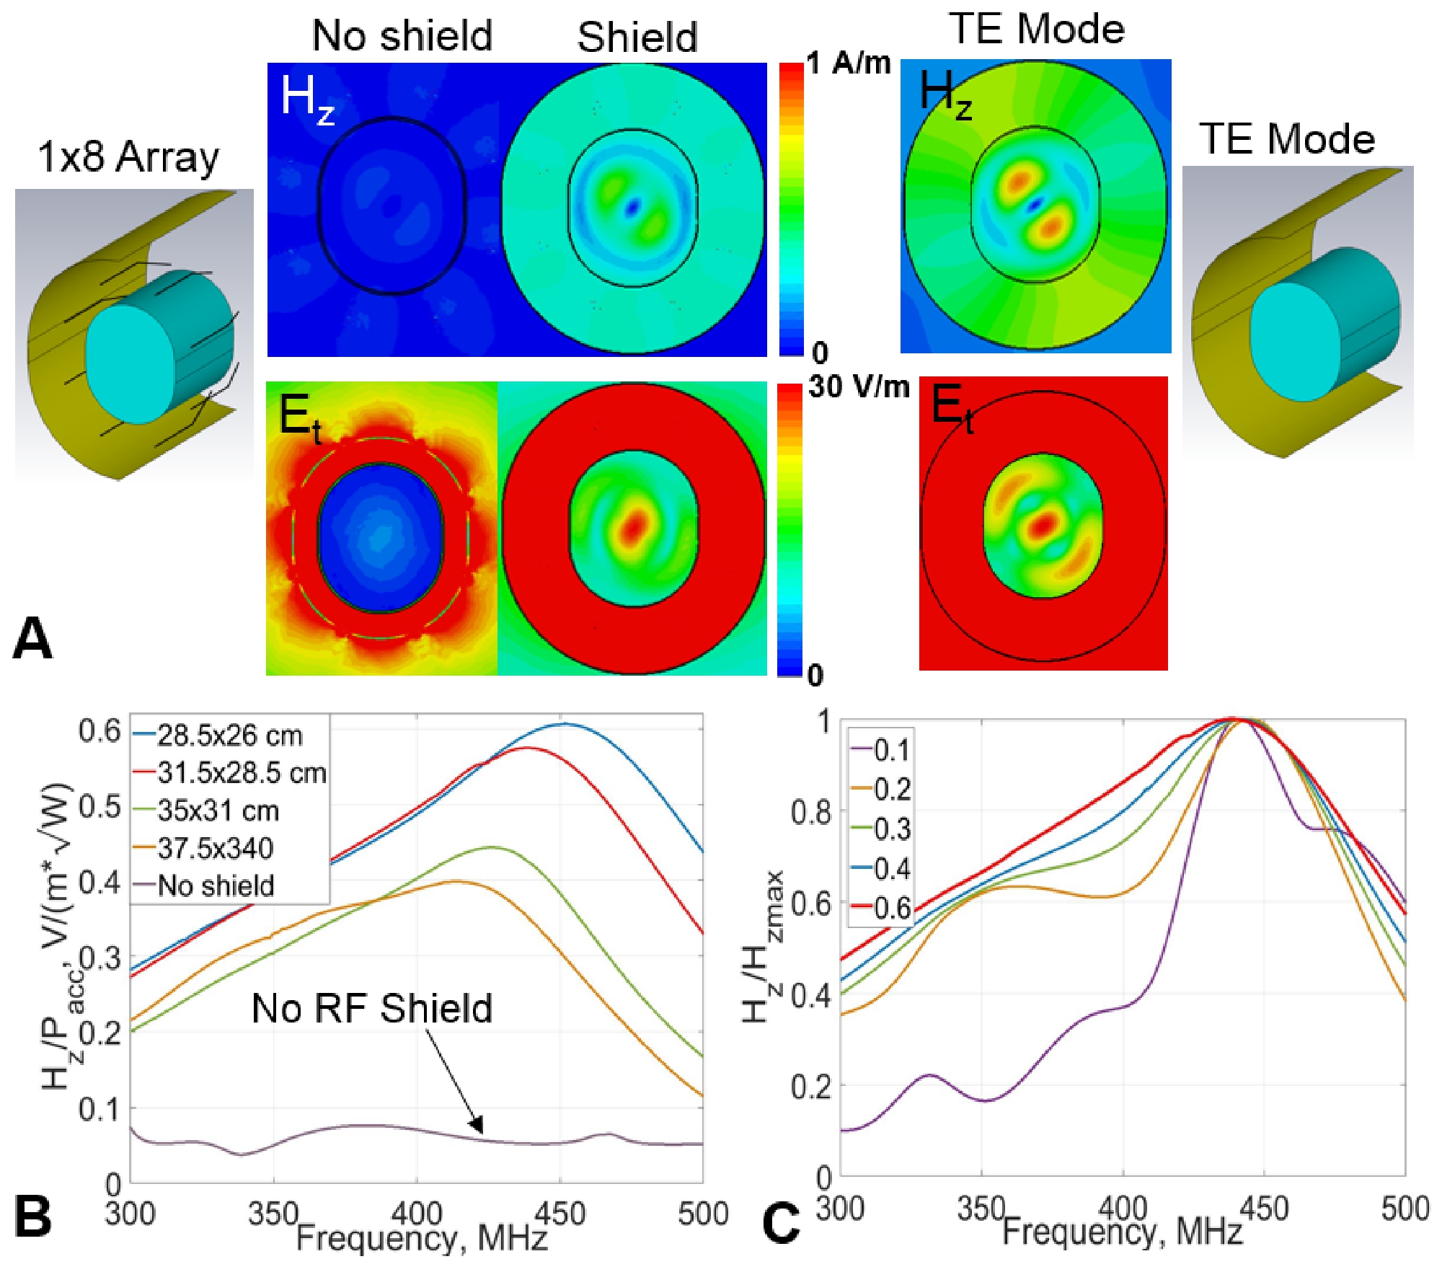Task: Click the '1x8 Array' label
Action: coord(128,156)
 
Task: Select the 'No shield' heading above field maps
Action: coord(402,35)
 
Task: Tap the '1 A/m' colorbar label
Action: coord(849,64)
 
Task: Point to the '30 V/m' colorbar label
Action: coord(859,387)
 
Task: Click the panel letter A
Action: coord(32,638)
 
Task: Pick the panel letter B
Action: coord(32,1215)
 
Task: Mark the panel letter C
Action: coord(780,1224)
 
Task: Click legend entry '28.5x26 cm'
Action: coord(229,736)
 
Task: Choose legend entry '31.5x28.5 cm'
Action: coord(242,773)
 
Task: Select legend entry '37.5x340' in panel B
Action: coord(215,848)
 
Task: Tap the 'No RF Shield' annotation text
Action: coord(371,1008)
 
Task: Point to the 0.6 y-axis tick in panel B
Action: coord(99,731)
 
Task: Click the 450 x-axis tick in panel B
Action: coord(559,1214)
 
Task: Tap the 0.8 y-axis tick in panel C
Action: coord(810,812)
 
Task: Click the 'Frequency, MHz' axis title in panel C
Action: coord(1122,1232)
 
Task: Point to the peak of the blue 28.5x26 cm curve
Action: coord(564,723)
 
